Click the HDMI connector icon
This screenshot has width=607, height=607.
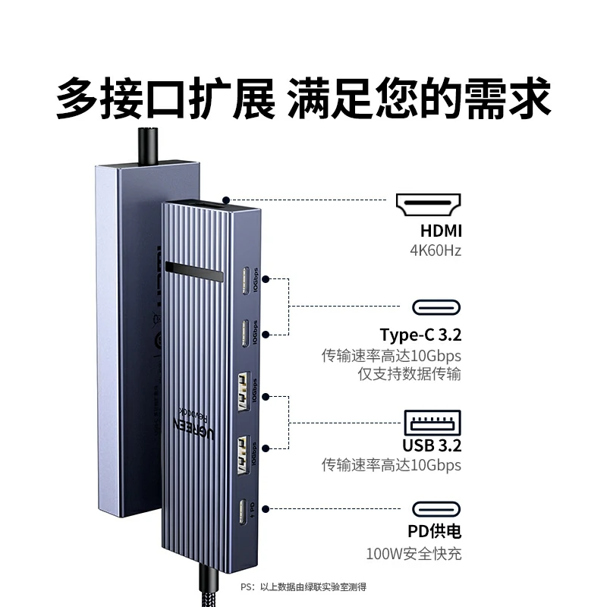[428, 206]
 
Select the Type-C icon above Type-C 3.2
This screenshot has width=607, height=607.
[436, 307]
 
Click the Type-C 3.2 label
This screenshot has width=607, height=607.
[420, 335]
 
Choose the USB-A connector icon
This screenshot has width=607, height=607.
[432, 422]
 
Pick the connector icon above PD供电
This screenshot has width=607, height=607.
[436, 508]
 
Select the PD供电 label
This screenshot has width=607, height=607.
[434, 532]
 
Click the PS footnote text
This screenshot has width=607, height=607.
[303, 587]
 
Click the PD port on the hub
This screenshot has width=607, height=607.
[244, 513]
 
